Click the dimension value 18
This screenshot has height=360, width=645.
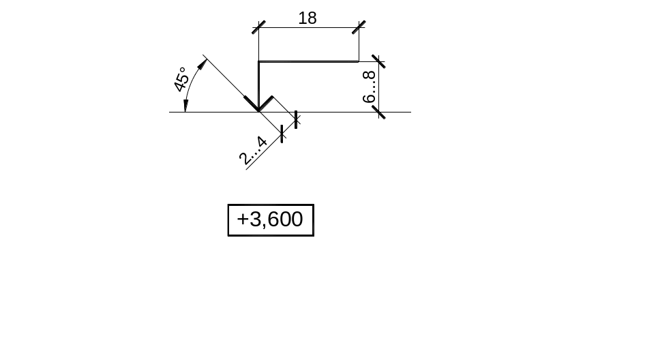307,18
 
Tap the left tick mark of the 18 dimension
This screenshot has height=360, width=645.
258,27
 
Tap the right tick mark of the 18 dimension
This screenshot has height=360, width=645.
359,27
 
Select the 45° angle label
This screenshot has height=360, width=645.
181,80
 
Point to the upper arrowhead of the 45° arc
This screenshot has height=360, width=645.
202,65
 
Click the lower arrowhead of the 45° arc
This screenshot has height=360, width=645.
186,106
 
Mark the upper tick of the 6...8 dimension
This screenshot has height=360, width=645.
378,61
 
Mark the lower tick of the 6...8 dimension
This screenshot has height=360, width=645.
379,112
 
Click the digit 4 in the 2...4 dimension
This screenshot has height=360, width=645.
261,142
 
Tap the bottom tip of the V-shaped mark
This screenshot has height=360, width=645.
258,111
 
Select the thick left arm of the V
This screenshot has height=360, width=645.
252,104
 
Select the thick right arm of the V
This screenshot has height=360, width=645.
265,104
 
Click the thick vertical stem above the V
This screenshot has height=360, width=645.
258,86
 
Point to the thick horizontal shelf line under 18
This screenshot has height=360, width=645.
308,62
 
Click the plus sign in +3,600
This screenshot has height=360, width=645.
243,219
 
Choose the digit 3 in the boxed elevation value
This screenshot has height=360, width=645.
256,220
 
